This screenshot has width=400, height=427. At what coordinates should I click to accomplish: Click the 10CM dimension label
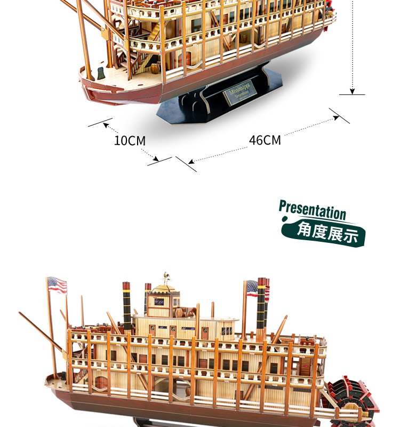[130, 141]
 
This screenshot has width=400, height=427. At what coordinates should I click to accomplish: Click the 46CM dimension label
[265, 140]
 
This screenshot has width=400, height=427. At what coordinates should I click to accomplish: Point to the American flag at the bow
[57, 286]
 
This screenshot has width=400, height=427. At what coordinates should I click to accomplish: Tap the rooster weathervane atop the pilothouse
[165, 278]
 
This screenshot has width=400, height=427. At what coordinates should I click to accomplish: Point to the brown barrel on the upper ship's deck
[155, 68]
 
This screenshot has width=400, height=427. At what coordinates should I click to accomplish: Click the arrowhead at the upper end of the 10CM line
[106, 126]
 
